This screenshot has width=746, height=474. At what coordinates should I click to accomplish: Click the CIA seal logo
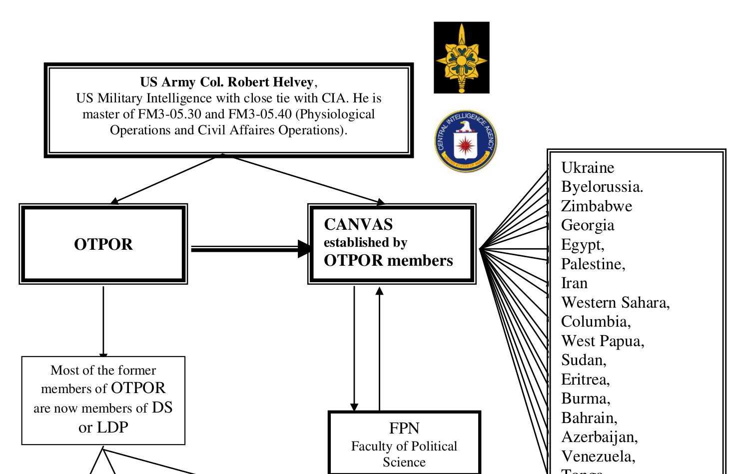tap(466, 141)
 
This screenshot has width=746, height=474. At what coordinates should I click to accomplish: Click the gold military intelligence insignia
tap(462, 58)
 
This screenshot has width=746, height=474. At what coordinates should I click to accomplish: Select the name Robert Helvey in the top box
tap(270, 82)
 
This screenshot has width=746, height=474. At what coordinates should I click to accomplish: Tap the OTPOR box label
tap(103, 244)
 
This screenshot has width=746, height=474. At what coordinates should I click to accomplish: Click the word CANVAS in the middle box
tap(358, 224)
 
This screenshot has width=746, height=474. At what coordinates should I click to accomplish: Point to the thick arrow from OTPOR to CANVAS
tap(251, 249)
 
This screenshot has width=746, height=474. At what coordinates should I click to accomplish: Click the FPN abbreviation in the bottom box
tap(404, 428)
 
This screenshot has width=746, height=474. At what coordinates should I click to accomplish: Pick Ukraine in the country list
tap(588, 168)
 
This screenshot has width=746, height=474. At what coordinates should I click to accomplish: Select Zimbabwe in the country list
tap(597, 206)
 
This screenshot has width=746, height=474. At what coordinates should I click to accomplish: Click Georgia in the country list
tap(588, 225)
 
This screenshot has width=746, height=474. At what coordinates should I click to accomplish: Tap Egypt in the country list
tap(583, 245)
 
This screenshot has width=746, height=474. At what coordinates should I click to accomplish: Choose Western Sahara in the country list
tap(616, 303)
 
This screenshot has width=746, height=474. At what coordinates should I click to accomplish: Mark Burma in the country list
tap(586, 399)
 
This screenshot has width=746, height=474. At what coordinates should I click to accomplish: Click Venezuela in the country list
tap(598, 457)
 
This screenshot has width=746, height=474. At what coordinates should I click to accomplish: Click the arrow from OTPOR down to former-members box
tap(103, 322)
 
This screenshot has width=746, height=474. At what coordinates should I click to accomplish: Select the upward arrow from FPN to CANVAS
tap(379, 349)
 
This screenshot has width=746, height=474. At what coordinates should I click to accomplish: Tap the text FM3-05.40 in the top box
tap(260, 114)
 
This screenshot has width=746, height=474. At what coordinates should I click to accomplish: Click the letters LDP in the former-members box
tap(112, 428)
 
